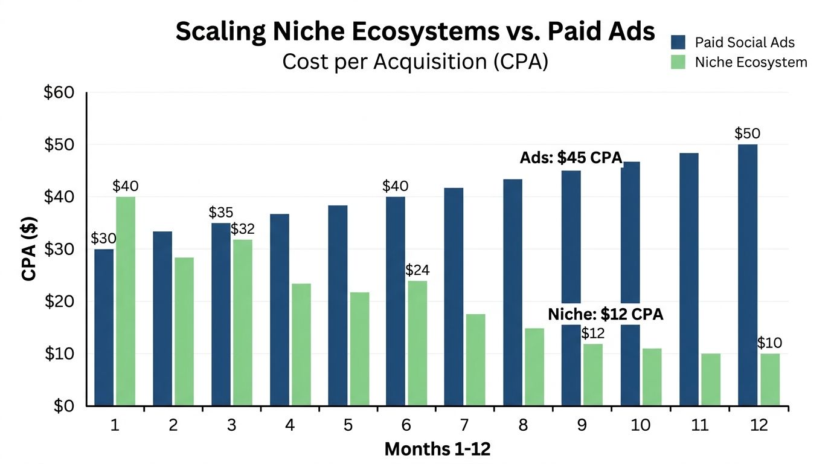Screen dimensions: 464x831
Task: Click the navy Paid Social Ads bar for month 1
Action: click(x=104, y=327)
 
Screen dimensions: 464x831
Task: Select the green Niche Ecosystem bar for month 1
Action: click(x=126, y=301)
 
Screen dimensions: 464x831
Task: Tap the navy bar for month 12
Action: click(x=748, y=275)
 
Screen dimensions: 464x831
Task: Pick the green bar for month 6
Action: click(x=417, y=343)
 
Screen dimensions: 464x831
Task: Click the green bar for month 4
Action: click(x=301, y=344)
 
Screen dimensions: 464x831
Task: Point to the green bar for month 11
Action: click(x=711, y=379)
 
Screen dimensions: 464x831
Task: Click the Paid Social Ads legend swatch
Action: click(x=678, y=42)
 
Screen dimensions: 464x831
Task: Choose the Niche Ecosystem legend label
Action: click(x=751, y=62)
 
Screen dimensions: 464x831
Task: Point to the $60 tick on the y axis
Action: click(x=59, y=93)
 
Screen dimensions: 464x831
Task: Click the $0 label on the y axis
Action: click(x=62, y=406)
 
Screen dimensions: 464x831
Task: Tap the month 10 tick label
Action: click(x=641, y=425)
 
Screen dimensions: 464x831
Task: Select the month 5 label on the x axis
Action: click(x=348, y=425)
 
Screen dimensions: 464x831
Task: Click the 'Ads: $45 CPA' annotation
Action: click(x=571, y=158)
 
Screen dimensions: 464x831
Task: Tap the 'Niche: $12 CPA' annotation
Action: click(x=605, y=314)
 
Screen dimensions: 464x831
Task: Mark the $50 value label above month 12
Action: click(x=747, y=134)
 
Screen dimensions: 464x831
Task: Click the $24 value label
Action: click(x=417, y=269)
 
